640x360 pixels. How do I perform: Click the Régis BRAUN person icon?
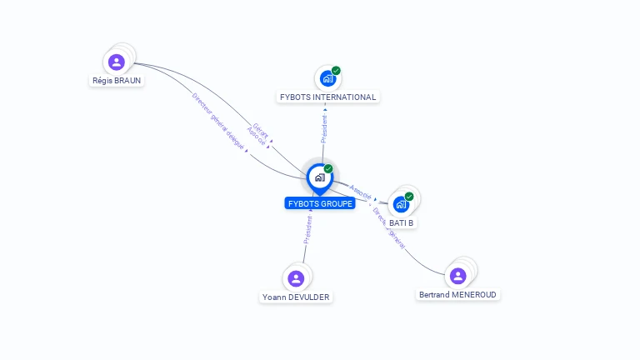pyautogui.click(x=117, y=62)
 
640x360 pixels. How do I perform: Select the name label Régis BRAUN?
pyautogui.click(x=117, y=81)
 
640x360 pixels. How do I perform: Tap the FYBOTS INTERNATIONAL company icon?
pyautogui.click(x=327, y=78)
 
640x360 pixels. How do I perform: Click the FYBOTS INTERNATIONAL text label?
pyautogui.click(x=327, y=97)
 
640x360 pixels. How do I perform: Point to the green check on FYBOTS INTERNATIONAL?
pyautogui.click(x=336, y=71)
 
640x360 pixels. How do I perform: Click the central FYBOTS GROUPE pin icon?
pyautogui.click(x=319, y=177)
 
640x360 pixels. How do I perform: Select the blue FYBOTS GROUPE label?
pyautogui.click(x=320, y=203)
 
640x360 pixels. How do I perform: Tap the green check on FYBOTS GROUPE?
pyautogui.click(x=328, y=169)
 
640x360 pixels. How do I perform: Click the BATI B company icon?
pyautogui.click(x=401, y=204)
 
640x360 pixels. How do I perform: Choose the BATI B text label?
pyautogui.click(x=402, y=222)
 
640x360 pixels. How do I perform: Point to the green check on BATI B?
pyautogui.click(x=409, y=197)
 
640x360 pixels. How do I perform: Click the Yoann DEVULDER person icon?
pyautogui.click(x=295, y=278)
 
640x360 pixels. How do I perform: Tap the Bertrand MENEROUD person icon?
pyautogui.click(x=457, y=276)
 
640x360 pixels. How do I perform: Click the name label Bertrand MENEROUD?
pyautogui.click(x=458, y=294)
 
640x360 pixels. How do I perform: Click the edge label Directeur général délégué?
pyautogui.click(x=218, y=121)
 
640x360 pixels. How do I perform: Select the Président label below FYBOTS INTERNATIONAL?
pyautogui.click(x=324, y=127)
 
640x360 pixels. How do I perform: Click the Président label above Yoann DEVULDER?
pyautogui.click(x=307, y=229)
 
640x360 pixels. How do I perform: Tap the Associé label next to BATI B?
pyautogui.click(x=361, y=190)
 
